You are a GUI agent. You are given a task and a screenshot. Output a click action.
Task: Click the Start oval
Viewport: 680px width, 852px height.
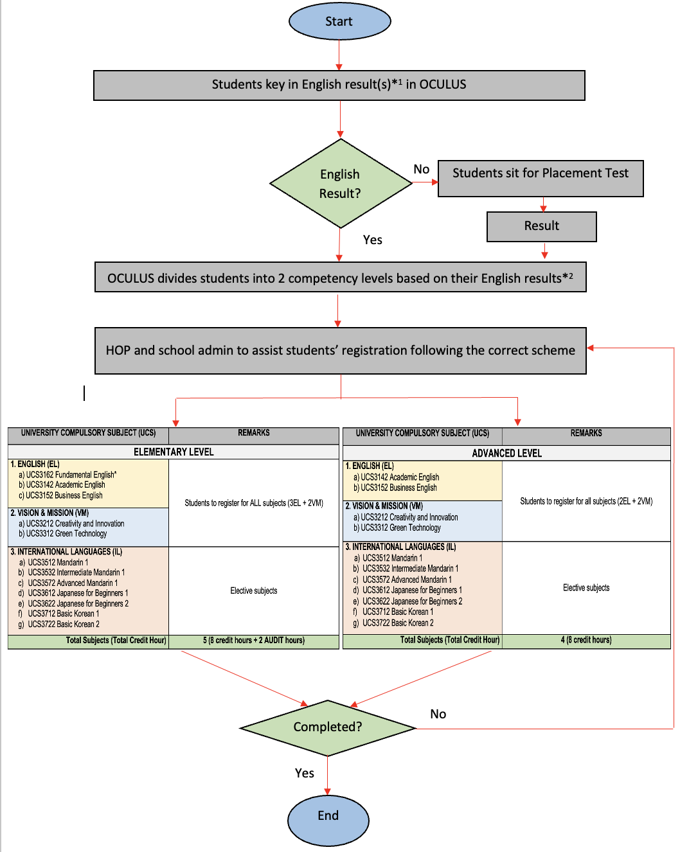(339, 21)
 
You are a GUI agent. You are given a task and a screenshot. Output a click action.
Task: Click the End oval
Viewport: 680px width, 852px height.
(328, 820)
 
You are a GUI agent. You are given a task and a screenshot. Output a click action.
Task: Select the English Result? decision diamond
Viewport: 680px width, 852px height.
(340, 183)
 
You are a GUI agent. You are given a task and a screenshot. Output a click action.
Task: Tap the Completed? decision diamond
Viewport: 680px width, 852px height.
(328, 728)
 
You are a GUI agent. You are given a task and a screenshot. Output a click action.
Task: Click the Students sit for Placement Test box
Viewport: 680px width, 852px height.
(540, 178)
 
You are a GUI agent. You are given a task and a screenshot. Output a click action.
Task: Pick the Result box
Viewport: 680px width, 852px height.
(541, 226)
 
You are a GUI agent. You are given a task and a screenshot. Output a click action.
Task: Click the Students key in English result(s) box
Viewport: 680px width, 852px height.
(339, 85)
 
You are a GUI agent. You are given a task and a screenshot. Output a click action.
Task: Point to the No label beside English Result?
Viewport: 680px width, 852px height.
(422, 169)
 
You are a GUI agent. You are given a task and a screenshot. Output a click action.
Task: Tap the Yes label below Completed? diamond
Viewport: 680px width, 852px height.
(304, 772)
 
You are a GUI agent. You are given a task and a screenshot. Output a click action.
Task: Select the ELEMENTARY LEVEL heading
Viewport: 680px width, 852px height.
(174, 452)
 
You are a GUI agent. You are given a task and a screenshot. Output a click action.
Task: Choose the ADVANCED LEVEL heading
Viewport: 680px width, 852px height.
(506, 453)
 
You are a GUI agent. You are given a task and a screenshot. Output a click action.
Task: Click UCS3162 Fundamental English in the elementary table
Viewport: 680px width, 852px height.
(71, 474)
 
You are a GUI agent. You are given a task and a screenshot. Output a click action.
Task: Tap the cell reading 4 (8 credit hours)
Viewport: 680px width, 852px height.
(586, 639)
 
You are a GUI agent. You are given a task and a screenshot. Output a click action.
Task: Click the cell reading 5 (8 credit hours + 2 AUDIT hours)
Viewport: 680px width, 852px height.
(254, 640)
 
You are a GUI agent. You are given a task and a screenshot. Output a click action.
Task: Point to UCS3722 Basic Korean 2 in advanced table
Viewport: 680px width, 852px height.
(398, 623)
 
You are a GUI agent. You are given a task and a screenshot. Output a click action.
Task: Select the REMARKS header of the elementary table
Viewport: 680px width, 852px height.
(253, 432)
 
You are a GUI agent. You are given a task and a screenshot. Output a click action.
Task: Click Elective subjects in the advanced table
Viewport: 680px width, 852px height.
(586, 587)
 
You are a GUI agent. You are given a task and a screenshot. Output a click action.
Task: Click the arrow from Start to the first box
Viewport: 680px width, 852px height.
(339, 55)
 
